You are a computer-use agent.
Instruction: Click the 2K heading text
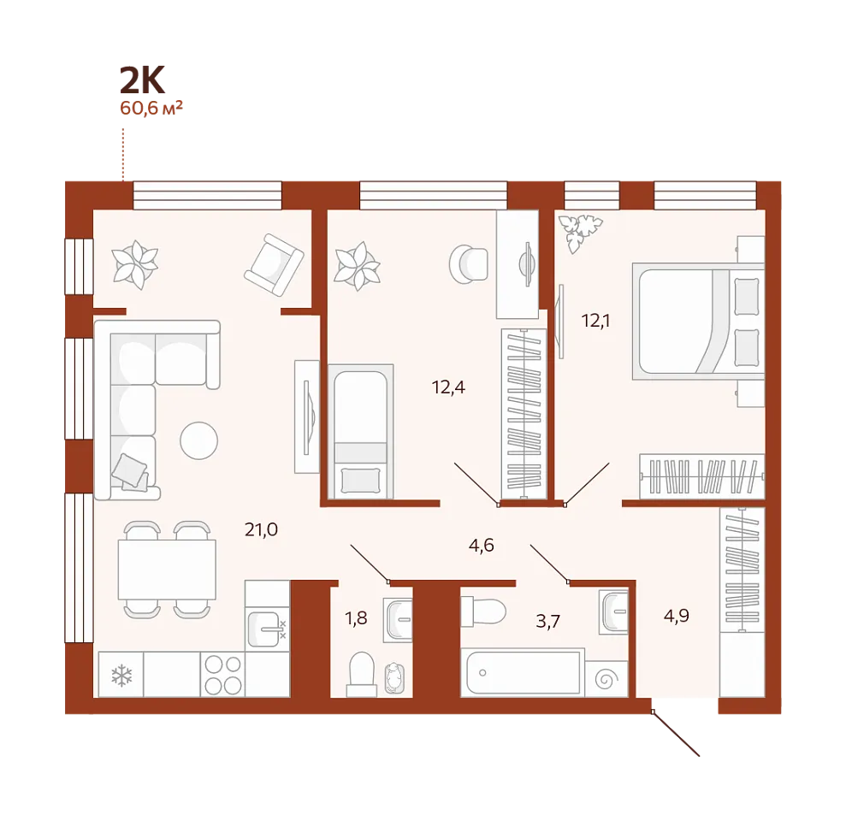coord(142,80)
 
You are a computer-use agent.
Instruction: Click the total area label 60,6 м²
coord(151,108)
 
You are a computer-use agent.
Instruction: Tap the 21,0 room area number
coord(261,529)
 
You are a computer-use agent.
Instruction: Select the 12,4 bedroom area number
coord(448,387)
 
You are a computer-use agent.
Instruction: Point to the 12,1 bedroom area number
coord(595,321)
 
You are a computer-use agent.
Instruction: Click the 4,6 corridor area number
coord(482,546)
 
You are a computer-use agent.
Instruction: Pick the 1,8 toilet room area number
coord(356,618)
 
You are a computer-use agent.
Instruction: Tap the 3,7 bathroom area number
coord(548,622)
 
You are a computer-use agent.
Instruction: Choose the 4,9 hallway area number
coord(676,616)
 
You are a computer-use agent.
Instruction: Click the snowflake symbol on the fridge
coord(121,676)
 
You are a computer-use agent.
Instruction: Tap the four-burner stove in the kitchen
coord(222,674)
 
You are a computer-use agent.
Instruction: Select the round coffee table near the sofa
coord(199,440)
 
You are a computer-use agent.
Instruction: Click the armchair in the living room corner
coord(274,264)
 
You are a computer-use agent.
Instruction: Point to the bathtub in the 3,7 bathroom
coord(523,672)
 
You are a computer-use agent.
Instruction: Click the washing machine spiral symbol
coord(606,679)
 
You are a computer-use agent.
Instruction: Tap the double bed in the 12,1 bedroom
coord(698,322)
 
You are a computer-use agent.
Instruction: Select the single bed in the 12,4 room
coord(360,432)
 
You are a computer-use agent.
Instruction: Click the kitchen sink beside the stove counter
coord(264,629)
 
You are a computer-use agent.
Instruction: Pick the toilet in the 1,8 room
coord(362,674)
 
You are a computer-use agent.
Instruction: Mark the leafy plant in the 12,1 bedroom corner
coord(579,232)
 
